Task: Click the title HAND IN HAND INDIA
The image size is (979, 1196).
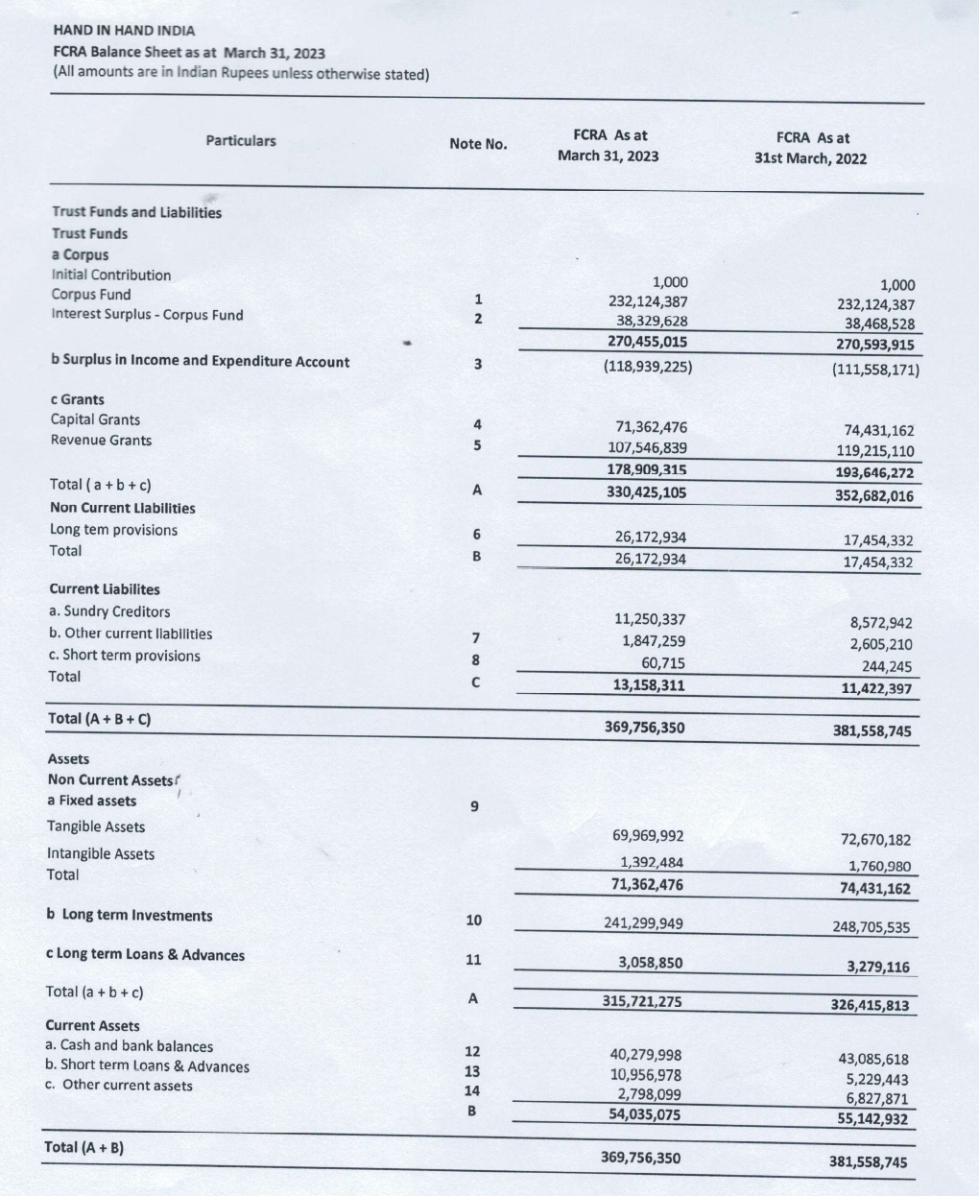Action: coord(124,31)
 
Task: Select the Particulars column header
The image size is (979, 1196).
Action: coord(240,141)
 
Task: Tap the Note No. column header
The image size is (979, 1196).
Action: coord(478,144)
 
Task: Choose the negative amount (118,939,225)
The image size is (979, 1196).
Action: coord(648,366)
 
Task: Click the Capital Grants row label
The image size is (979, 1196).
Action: coord(95,419)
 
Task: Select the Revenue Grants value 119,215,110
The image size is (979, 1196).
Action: coord(875,451)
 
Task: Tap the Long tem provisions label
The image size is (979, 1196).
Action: coord(113,530)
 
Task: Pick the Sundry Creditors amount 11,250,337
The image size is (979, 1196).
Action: coord(650,620)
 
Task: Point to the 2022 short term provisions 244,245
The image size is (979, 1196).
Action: coord(886,666)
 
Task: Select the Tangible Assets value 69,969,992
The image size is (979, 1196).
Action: coord(648,836)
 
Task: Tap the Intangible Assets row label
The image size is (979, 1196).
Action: coord(100,853)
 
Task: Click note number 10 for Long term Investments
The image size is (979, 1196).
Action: coord(473,921)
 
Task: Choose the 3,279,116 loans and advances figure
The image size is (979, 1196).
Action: coord(877,967)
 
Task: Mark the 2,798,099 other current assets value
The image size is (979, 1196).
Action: coord(649,1093)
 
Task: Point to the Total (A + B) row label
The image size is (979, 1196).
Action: coord(84,1147)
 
